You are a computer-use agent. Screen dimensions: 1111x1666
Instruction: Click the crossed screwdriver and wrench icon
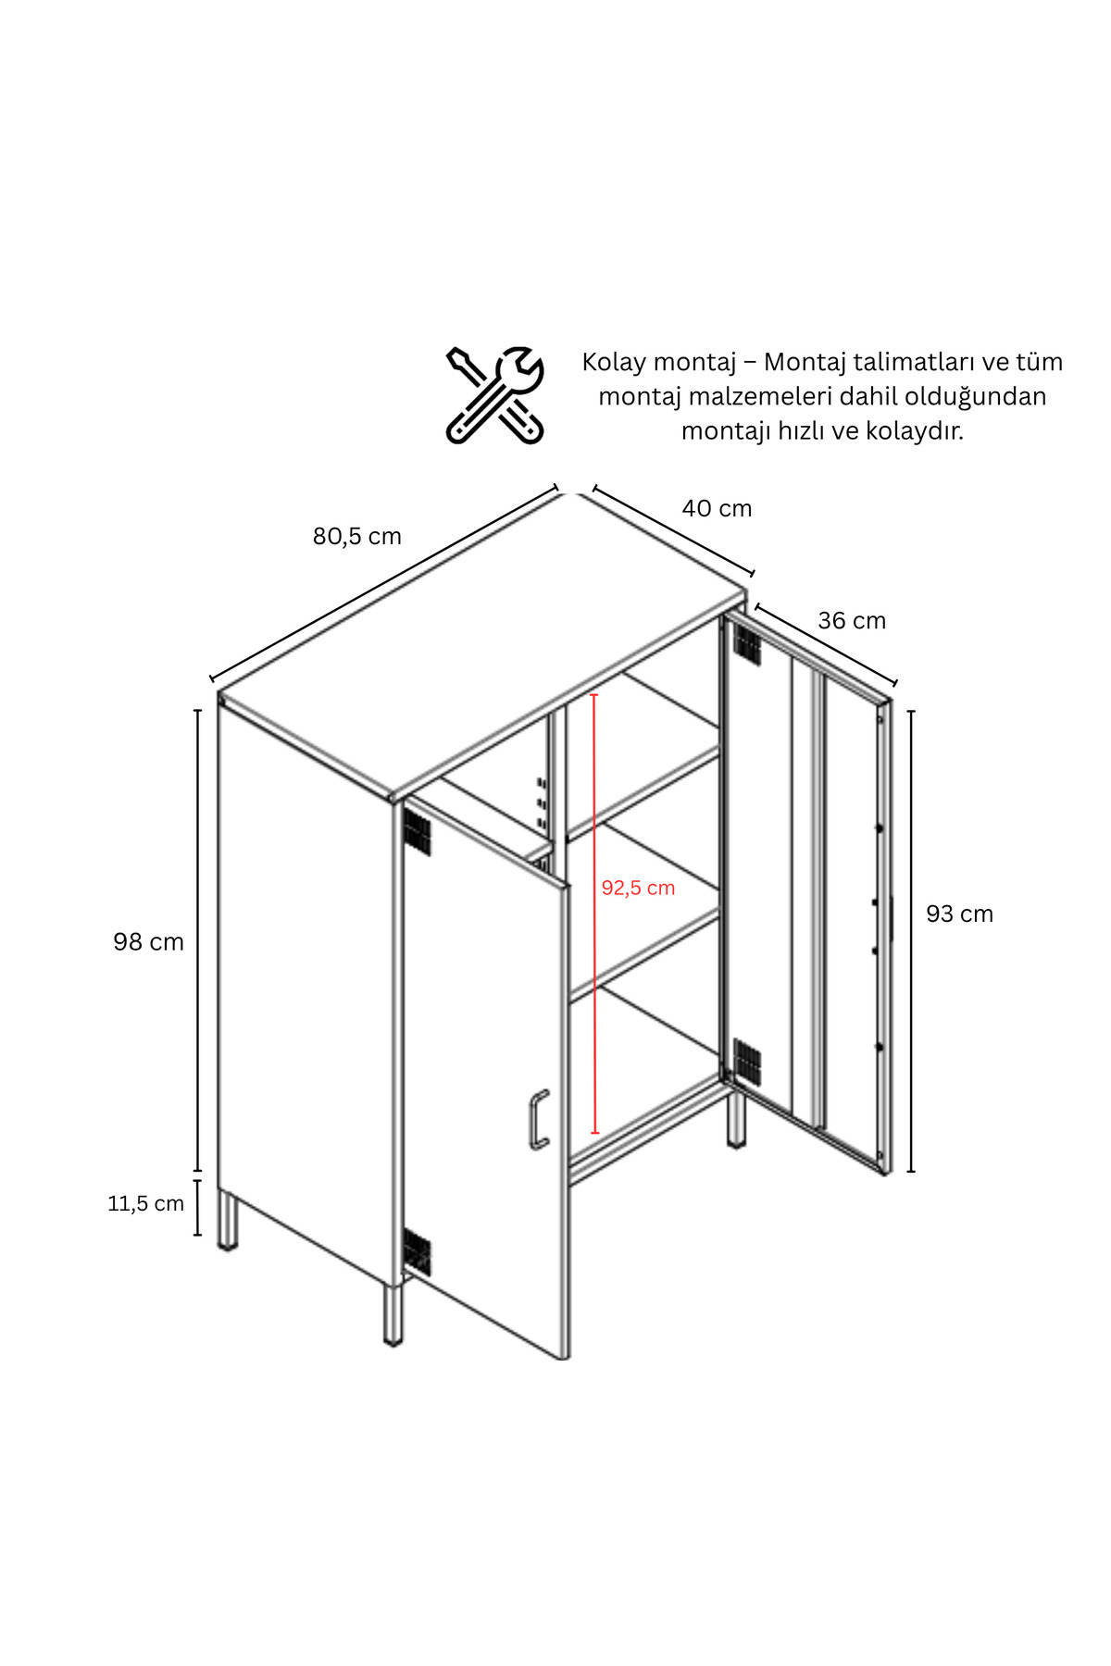(494, 395)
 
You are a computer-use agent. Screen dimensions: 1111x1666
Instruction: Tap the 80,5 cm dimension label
(356, 537)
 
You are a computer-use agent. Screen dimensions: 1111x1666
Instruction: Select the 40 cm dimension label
(717, 508)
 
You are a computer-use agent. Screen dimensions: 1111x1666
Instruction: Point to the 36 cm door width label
(852, 620)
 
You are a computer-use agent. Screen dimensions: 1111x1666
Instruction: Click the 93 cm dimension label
(959, 914)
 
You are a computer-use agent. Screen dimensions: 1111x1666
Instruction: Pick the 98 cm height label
(148, 942)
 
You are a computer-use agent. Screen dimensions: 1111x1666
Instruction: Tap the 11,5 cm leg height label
(145, 1203)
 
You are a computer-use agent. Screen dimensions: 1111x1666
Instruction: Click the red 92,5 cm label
(638, 888)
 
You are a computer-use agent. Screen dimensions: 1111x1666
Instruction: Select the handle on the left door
(538, 1120)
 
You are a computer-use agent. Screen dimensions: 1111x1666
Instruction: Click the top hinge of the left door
(418, 831)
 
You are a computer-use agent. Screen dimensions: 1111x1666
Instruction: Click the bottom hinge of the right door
(746, 1061)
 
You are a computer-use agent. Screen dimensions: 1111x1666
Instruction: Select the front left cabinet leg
(394, 1312)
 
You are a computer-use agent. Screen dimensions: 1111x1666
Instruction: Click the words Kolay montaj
(658, 362)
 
